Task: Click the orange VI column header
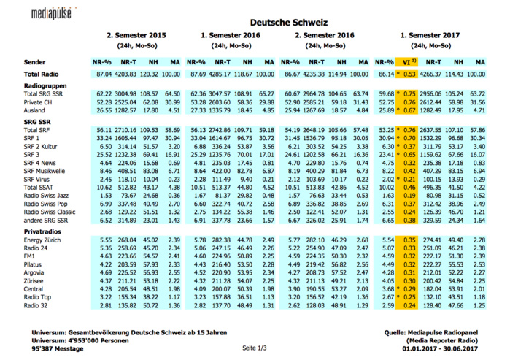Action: (409, 63)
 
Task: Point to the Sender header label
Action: (35, 63)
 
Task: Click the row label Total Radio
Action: (42, 74)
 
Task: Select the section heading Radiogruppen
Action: (45, 86)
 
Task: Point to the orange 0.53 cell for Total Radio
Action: (410, 74)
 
